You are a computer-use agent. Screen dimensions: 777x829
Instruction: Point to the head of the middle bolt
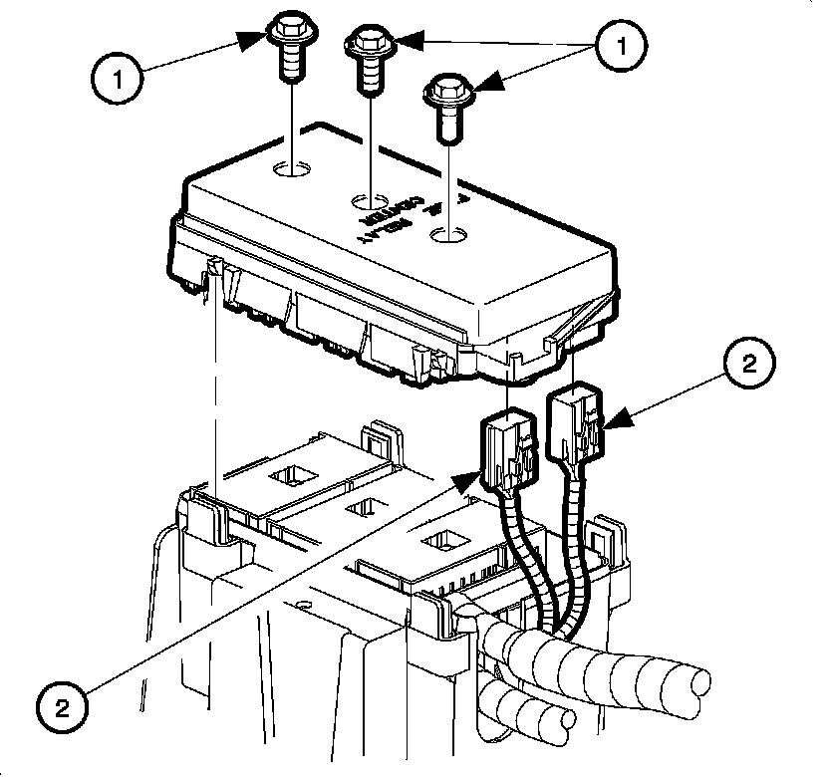[x=371, y=43]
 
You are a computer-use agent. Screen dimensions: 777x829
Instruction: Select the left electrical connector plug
[x=506, y=448]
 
